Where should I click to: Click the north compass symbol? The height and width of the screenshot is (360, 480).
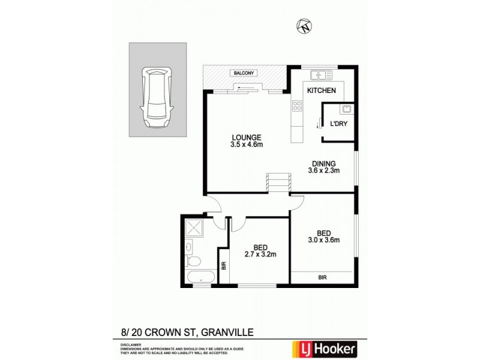click(305, 26)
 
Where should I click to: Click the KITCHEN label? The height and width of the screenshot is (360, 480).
click(321, 91)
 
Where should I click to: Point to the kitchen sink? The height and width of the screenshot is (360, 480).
click(321, 76)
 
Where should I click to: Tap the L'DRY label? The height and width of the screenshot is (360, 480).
click(339, 125)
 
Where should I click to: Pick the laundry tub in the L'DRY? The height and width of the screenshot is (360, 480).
click(345, 109)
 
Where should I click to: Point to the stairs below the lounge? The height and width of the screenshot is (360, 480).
click(278, 181)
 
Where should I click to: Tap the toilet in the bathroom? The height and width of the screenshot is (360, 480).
click(193, 262)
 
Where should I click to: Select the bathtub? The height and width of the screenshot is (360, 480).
click(199, 277)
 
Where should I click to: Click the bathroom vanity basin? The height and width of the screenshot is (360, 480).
click(188, 246)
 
